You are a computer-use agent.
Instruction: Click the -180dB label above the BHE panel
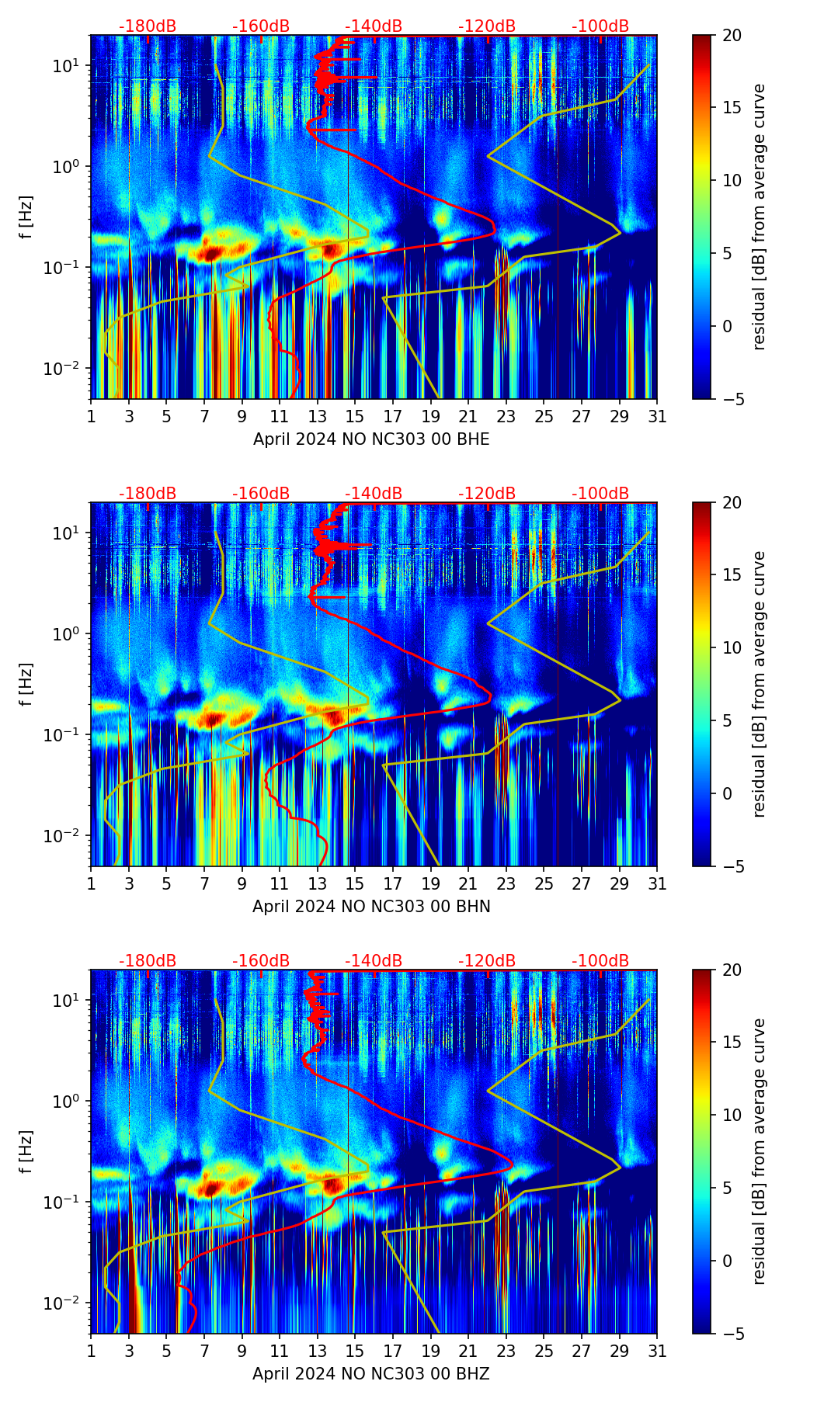pyautogui.click(x=148, y=26)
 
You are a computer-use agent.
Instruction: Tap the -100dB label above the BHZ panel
pyautogui.click(x=600, y=961)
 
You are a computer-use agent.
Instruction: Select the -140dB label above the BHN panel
pyautogui.click(x=374, y=494)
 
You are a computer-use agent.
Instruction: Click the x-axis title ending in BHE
pyautogui.click(x=371, y=439)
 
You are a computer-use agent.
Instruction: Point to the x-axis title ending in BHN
pyautogui.click(x=371, y=907)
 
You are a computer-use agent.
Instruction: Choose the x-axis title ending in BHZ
pyautogui.click(x=371, y=1374)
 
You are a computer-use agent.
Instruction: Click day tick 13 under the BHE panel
pyautogui.click(x=317, y=417)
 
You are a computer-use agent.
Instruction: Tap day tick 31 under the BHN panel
pyautogui.click(x=656, y=884)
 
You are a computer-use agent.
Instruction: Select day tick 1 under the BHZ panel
pyautogui.click(x=92, y=1352)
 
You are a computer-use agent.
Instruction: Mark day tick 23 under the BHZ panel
pyautogui.click(x=506, y=1352)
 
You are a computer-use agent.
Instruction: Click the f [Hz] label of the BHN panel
pyautogui.click(x=27, y=684)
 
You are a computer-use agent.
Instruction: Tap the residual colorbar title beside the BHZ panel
pyautogui.click(x=760, y=1151)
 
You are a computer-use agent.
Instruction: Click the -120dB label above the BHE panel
pyautogui.click(x=487, y=26)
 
